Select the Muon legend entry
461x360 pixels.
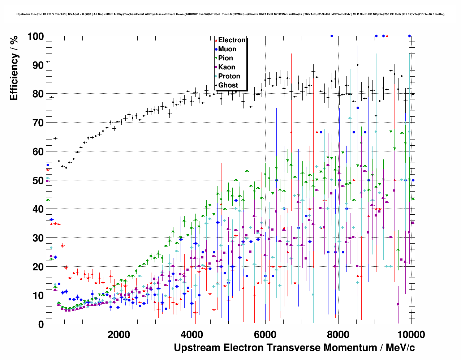pos(227,49)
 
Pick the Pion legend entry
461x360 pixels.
pos(225,58)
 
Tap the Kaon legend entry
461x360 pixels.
pos(227,67)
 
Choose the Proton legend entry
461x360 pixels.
pos(229,76)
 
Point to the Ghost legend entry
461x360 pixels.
pos(228,85)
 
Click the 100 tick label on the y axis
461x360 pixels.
pos(35,37)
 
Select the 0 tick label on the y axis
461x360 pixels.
pos(41,325)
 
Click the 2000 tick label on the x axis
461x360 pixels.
pos(119,334)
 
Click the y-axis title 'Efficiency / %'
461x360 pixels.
pos(14,68)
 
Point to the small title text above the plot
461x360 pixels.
pos(231,14)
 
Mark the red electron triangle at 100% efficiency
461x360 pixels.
pos(387,36)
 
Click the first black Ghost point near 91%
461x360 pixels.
pos(47,61)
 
